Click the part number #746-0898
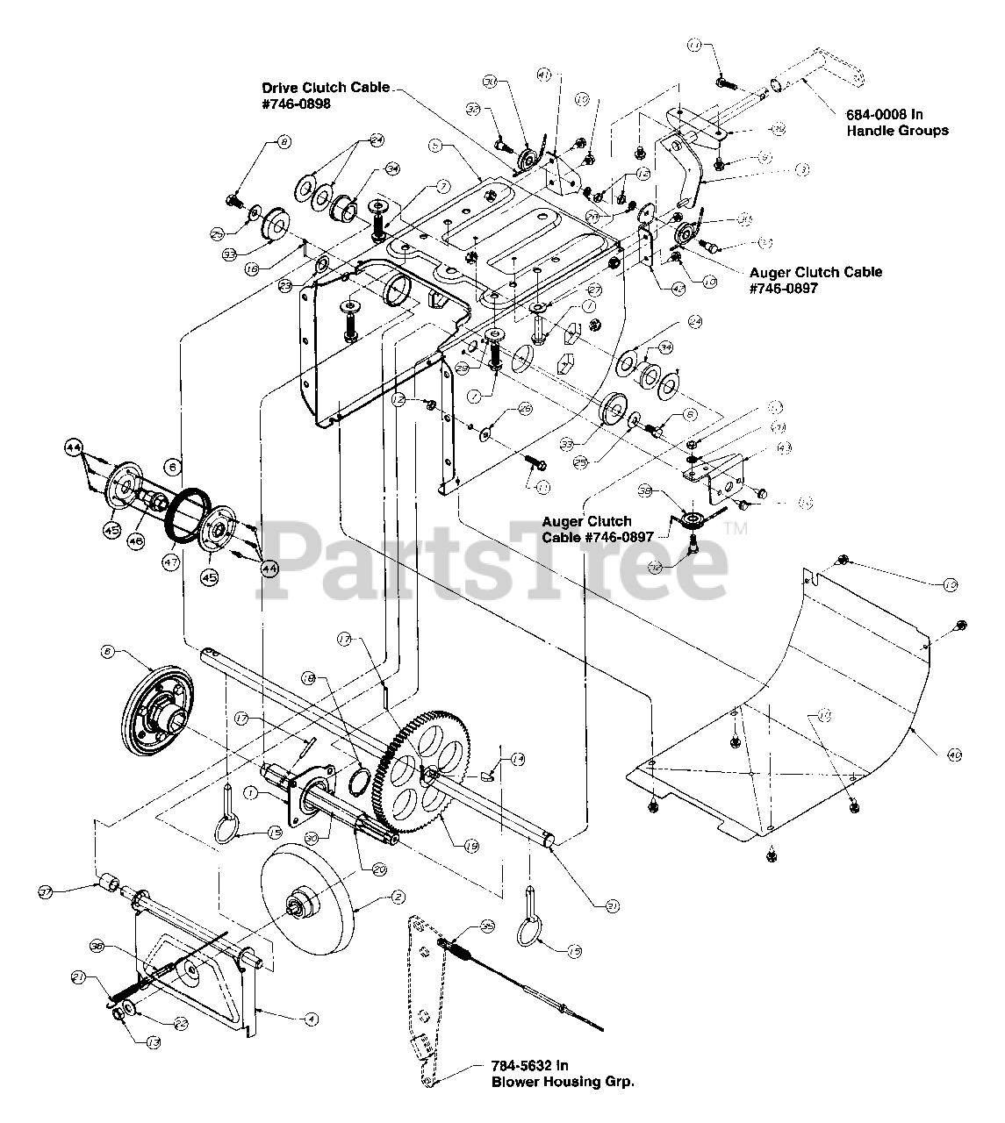coord(296,103)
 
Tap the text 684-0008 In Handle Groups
coord(897,122)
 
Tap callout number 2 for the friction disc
coord(398,898)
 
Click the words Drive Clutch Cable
coord(326,88)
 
